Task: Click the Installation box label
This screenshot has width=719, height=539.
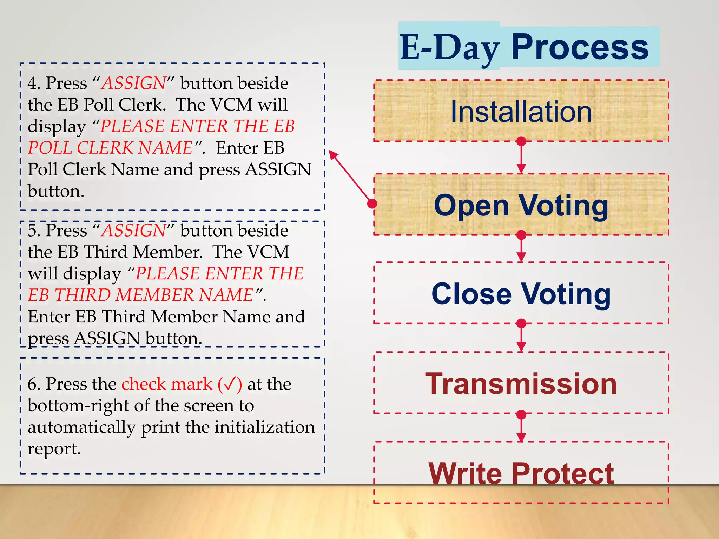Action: (x=521, y=112)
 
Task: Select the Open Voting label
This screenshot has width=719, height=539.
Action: (x=521, y=205)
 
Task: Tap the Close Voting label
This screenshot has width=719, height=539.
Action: (x=521, y=294)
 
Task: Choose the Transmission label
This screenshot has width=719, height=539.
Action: (x=521, y=384)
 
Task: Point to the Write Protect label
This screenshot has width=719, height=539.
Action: (x=521, y=473)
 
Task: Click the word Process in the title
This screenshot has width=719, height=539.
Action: (x=580, y=47)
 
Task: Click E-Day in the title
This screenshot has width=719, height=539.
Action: (x=450, y=48)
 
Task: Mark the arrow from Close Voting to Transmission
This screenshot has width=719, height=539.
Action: (x=521, y=338)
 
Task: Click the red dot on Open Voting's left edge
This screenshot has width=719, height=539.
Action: (x=372, y=204)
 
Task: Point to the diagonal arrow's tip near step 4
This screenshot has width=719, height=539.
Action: (x=331, y=153)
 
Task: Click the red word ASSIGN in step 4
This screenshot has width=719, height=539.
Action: (x=133, y=84)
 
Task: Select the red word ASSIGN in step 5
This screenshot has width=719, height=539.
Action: (x=133, y=231)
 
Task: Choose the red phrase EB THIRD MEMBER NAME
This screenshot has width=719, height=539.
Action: (x=140, y=295)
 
